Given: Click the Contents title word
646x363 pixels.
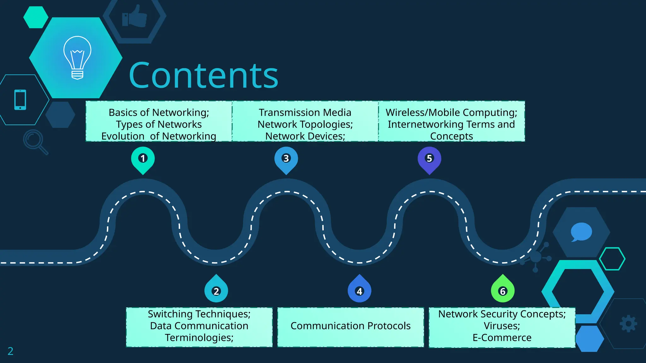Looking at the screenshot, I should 203,76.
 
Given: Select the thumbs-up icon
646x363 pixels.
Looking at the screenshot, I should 135,16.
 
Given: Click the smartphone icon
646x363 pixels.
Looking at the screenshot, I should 20,100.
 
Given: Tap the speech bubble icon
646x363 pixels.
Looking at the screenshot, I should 581,232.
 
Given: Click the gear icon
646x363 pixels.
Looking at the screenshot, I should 628,324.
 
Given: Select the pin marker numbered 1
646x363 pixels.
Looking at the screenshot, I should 143,158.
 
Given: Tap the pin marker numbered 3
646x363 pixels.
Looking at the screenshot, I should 286,158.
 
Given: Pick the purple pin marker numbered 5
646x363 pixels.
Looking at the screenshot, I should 429,158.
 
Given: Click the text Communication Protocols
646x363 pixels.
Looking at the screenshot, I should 350,326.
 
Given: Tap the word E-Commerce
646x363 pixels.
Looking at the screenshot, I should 502,338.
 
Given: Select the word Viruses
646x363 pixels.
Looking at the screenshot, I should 502,326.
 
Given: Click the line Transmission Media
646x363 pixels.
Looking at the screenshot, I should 305,112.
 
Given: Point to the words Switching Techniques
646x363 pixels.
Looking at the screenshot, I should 199,314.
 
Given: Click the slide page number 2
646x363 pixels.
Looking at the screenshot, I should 10,351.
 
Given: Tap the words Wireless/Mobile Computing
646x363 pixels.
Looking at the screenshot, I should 451,112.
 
